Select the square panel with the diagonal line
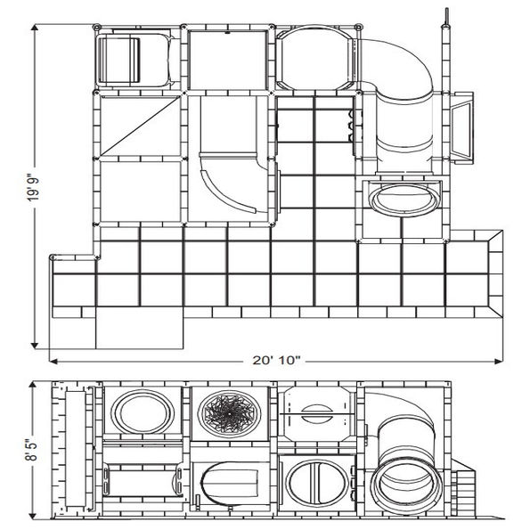(138, 125)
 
